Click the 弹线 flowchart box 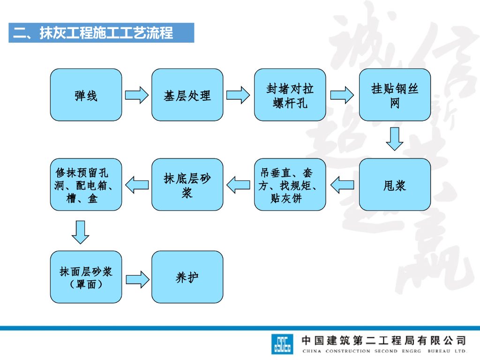pyautogui.click(x=86, y=95)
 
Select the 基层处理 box pyautogui.click(x=187, y=95)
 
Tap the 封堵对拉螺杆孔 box pyautogui.click(x=290, y=95)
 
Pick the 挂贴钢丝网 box pyautogui.click(x=395, y=95)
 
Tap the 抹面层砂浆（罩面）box pyautogui.click(x=86, y=277)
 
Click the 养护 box pyautogui.click(x=187, y=277)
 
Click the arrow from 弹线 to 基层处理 pyautogui.click(x=136, y=95)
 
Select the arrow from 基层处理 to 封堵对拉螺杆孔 pyautogui.click(x=238, y=95)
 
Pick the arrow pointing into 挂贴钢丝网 pyautogui.click(x=342, y=95)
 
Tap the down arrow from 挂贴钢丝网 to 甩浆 pyautogui.click(x=395, y=139)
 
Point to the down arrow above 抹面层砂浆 pyautogui.click(x=81, y=232)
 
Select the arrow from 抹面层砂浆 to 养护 pyautogui.click(x=137, y=278)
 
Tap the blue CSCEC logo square pyautogui.click(x=282, y=344)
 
